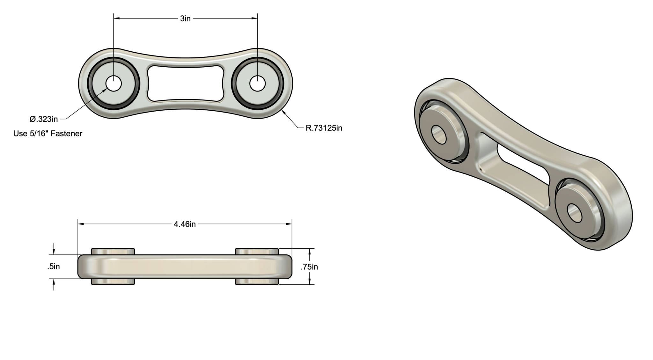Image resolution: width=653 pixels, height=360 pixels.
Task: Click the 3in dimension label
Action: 185,19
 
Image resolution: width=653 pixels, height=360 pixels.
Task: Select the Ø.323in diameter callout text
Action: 44,119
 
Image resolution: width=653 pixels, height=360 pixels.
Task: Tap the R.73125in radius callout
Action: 324,128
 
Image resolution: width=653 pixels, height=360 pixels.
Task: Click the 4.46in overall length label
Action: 185,224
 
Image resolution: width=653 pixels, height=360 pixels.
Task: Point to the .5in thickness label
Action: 54,267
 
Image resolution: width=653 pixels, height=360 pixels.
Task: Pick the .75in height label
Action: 309,267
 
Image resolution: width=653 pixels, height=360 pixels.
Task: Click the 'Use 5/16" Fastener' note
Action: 48,134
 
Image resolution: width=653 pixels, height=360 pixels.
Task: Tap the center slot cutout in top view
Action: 185,84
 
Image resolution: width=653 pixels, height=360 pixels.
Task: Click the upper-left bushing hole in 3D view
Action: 438,134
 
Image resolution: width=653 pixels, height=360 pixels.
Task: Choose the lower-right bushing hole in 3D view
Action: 575,213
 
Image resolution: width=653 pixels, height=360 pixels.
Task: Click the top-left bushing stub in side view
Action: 113,251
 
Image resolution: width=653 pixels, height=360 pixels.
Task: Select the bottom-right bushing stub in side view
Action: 257,282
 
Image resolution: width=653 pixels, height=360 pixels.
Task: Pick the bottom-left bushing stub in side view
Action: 113,282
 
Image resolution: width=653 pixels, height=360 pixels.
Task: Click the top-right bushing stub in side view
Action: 257,251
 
